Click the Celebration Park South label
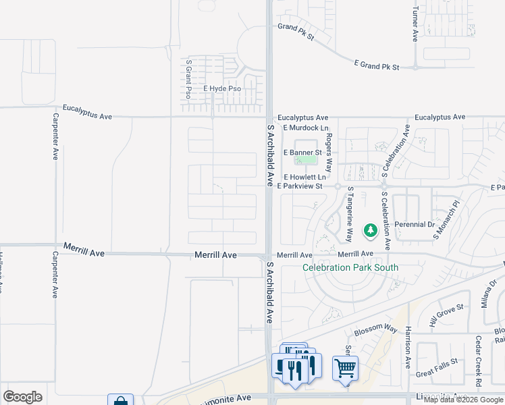[x=350, y=267]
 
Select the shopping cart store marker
[x=345, y=369]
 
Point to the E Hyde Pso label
[x=222, y=88]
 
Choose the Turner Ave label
[x=415, y=24]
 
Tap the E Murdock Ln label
[x=306, y=128]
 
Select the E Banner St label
[x=303, y=153]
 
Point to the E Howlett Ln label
[x=304, y=176]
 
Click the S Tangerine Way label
[x=350, y=214]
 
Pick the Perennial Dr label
[x=414, y=223]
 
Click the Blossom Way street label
[x=376, y=330]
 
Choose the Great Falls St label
[x=437, y=372]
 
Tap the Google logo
[x=23, y=396]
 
